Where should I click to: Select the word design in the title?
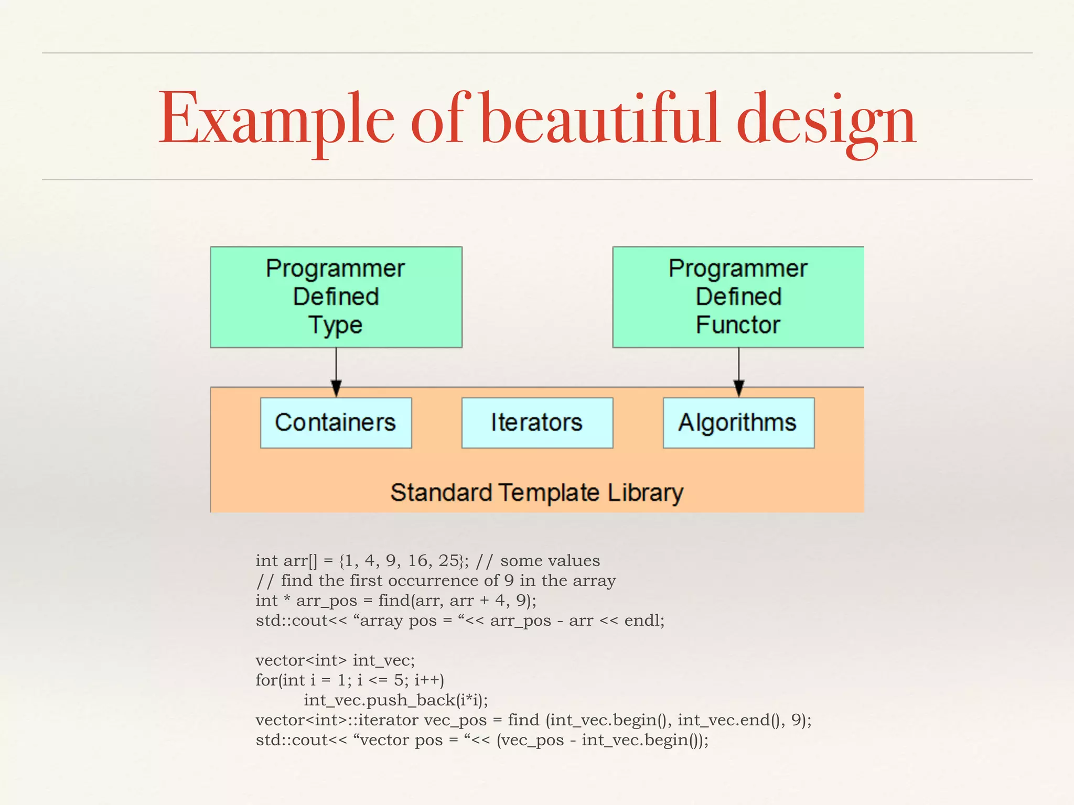(x=826, y=121)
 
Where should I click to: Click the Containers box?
(x=336, y=422)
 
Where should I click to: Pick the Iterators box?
(x=537, y=422)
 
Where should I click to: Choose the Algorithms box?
(x=738, y=422)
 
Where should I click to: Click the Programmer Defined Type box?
(x=336, y=297)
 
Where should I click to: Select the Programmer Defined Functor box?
(x=738, y=297)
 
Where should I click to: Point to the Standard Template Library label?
(x=536, y=493)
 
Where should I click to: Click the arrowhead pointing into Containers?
(x=336, y=388)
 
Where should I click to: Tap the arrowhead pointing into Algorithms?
(x=739, y=388)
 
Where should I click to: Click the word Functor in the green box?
(x=738, y=325)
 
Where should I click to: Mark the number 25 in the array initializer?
(x=449, y=561)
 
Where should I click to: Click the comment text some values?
(x=550, y=561)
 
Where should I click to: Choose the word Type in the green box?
(x=336, y=325)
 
